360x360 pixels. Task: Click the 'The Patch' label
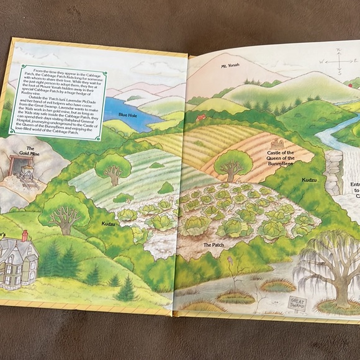click(213, 245)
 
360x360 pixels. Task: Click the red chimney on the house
click(25, 236)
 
